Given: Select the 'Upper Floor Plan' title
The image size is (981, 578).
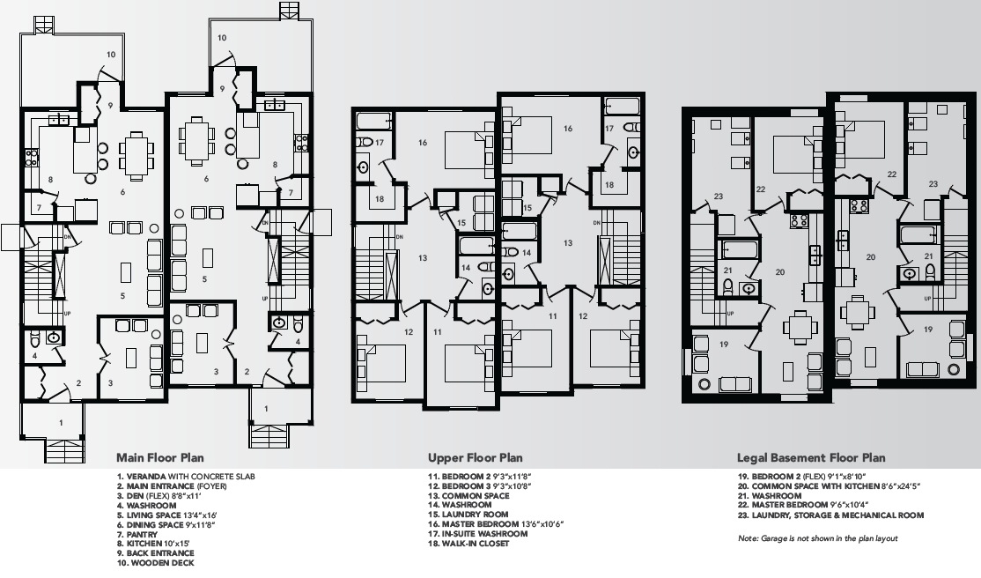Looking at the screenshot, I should (475, 457).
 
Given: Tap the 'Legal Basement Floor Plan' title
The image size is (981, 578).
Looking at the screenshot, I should (811, 457).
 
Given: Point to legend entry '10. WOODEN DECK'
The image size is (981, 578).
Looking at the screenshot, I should (155, 563).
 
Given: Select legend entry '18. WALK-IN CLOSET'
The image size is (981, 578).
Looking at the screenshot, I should (468, 544).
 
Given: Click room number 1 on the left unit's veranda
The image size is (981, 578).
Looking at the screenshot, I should (61, 423).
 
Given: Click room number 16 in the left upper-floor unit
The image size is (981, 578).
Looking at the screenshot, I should (423, 142).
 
